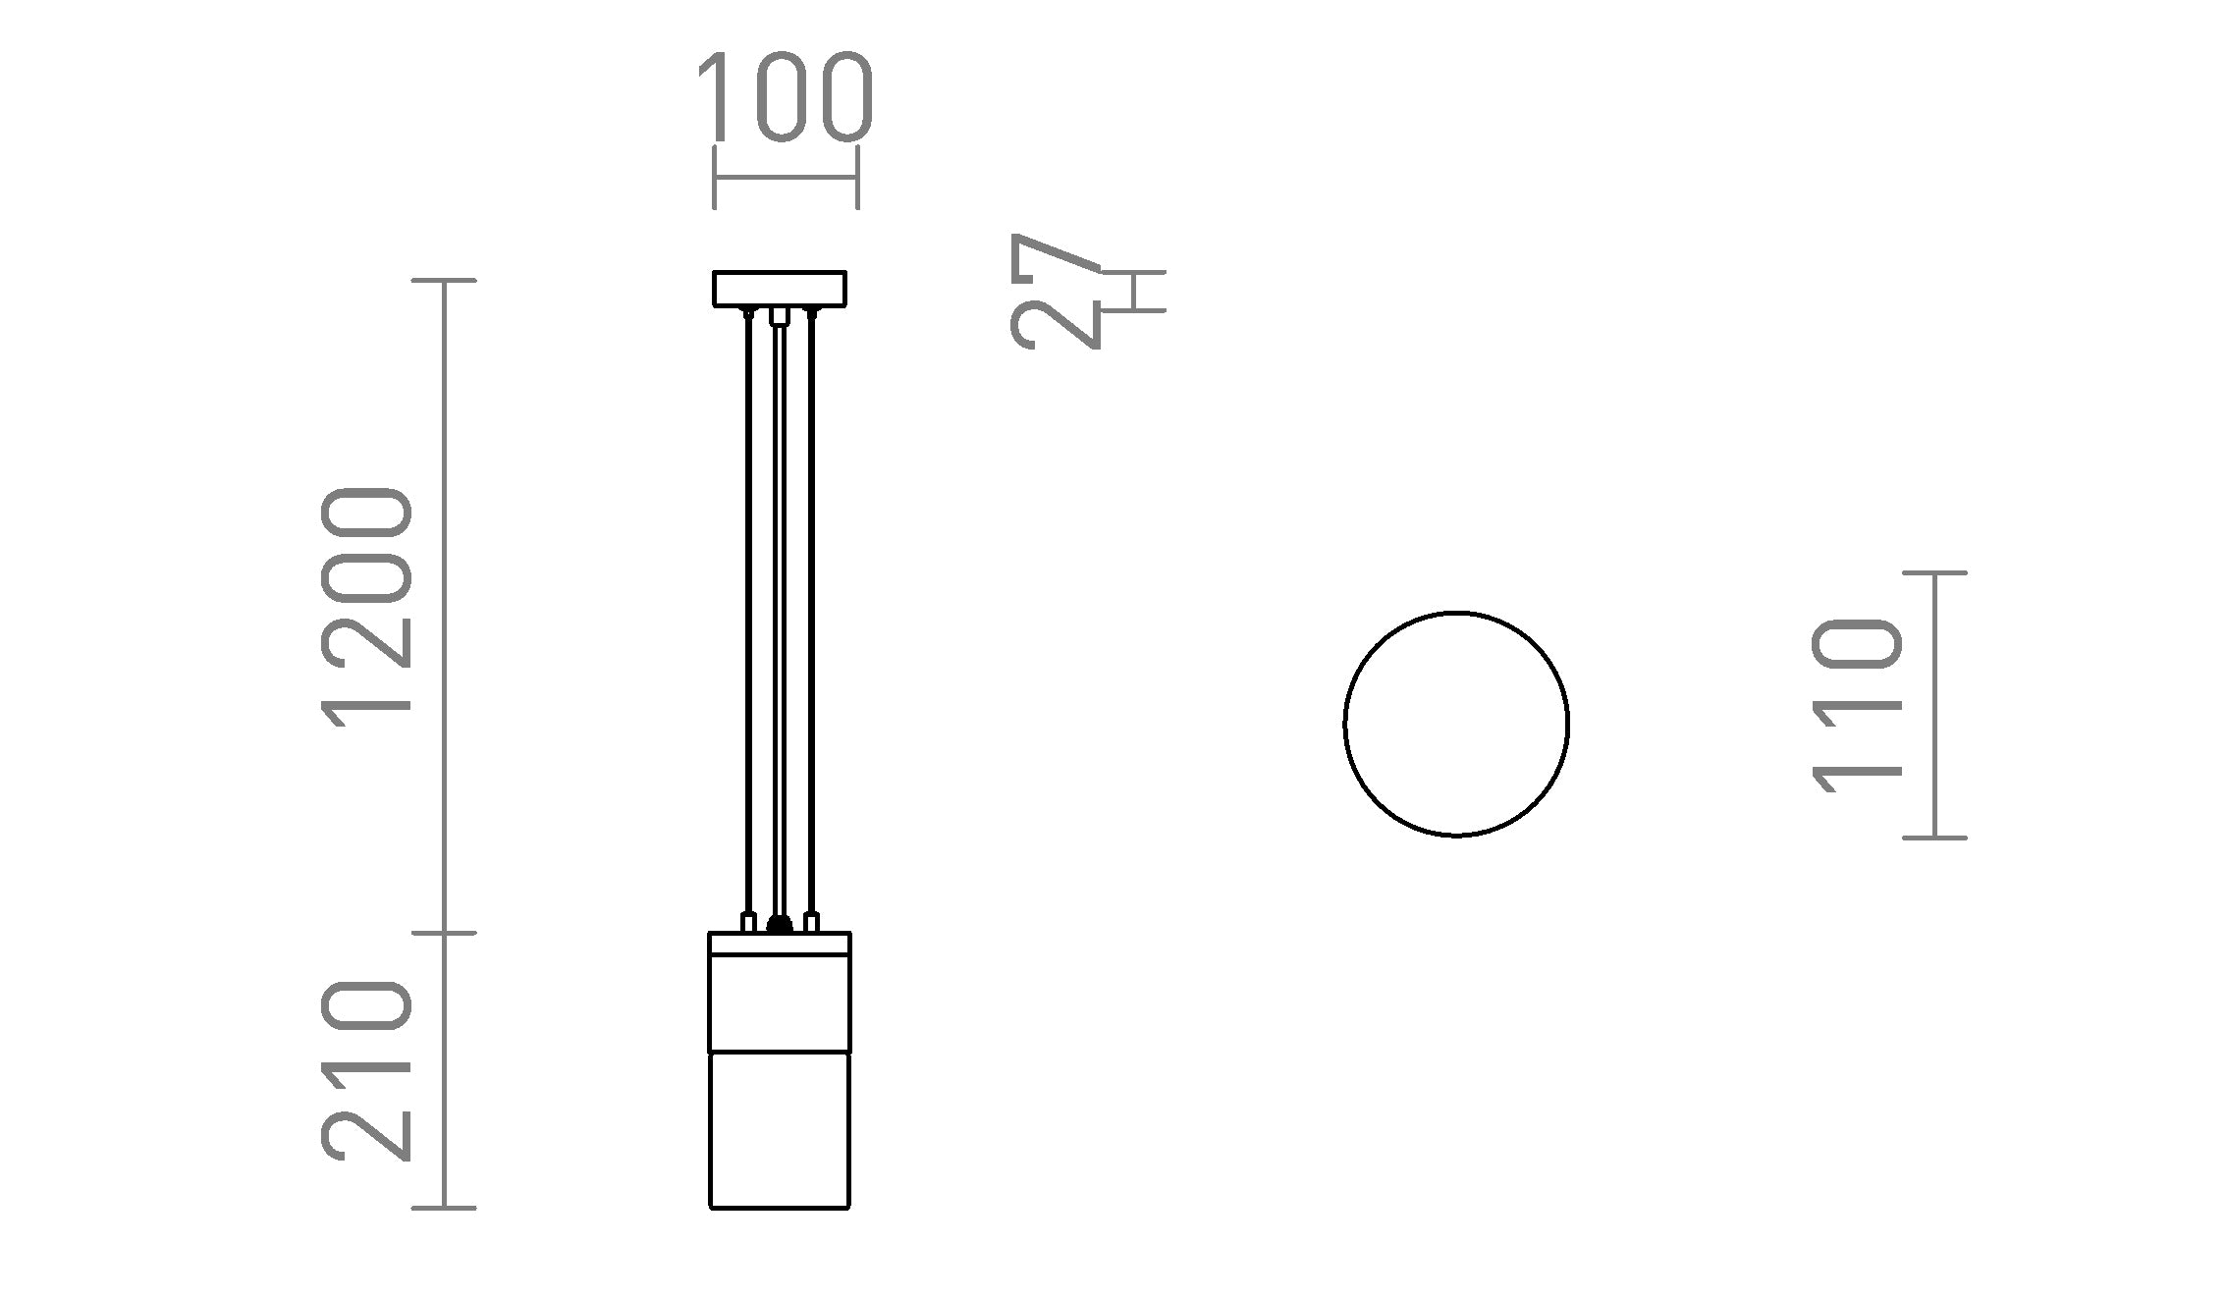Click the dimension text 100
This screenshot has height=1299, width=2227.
click(x=785, y=97)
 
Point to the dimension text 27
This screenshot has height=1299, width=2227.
click(x=1056, y=291)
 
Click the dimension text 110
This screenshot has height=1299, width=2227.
click(x=1857, y=705)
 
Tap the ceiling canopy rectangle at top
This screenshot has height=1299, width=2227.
click(x=780, y=289)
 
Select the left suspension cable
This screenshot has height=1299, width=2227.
click(x=749, y=609)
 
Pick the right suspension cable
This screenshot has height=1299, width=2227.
click(x=811, y=609)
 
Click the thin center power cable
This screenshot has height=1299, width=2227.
click(x=780, y=609)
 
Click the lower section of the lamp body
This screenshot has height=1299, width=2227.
click(x=780, y=1129)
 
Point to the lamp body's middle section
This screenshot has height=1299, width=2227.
click(x=780, y=1001)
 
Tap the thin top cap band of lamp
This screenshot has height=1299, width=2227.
click(x=780, y=943)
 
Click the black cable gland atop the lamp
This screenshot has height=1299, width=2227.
click(x=780, y=923)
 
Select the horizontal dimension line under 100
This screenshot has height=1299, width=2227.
click(x=786, y=178)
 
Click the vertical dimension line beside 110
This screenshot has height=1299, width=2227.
click(x=1934, y=705)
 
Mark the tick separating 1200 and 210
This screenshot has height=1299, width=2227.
click(x=444, y=933)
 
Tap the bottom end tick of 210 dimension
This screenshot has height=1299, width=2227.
click(x=444, y=1208)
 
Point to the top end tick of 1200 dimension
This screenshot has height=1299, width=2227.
click(x=444, y=281)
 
